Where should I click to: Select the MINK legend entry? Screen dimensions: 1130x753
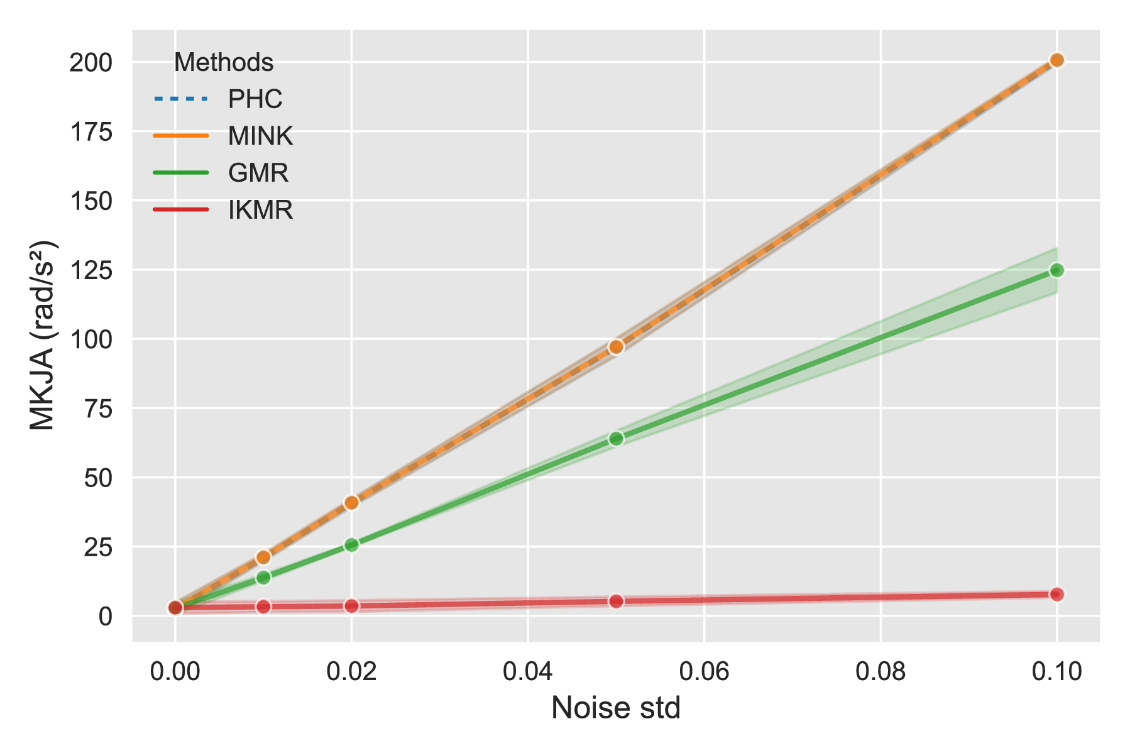223,136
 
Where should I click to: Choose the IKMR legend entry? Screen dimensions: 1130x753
223,209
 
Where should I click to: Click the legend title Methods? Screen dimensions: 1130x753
224,62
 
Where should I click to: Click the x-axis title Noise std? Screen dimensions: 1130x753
616,708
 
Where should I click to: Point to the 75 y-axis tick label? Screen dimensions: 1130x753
98,409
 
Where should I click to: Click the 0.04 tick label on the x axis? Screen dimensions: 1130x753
528,671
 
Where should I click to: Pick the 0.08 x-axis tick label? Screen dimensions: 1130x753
880,671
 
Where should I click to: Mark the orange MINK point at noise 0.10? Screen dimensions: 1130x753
1056,60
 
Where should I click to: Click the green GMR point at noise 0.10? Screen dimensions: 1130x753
1056,270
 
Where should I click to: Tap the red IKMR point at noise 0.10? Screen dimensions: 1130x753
1056,594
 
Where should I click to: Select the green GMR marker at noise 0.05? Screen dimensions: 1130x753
616,438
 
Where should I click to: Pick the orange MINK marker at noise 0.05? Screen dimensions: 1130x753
616,347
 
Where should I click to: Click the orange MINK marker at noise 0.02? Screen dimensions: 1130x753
351,502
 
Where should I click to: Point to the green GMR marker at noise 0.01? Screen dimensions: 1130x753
263,577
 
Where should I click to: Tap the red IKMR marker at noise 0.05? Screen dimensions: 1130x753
616,602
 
